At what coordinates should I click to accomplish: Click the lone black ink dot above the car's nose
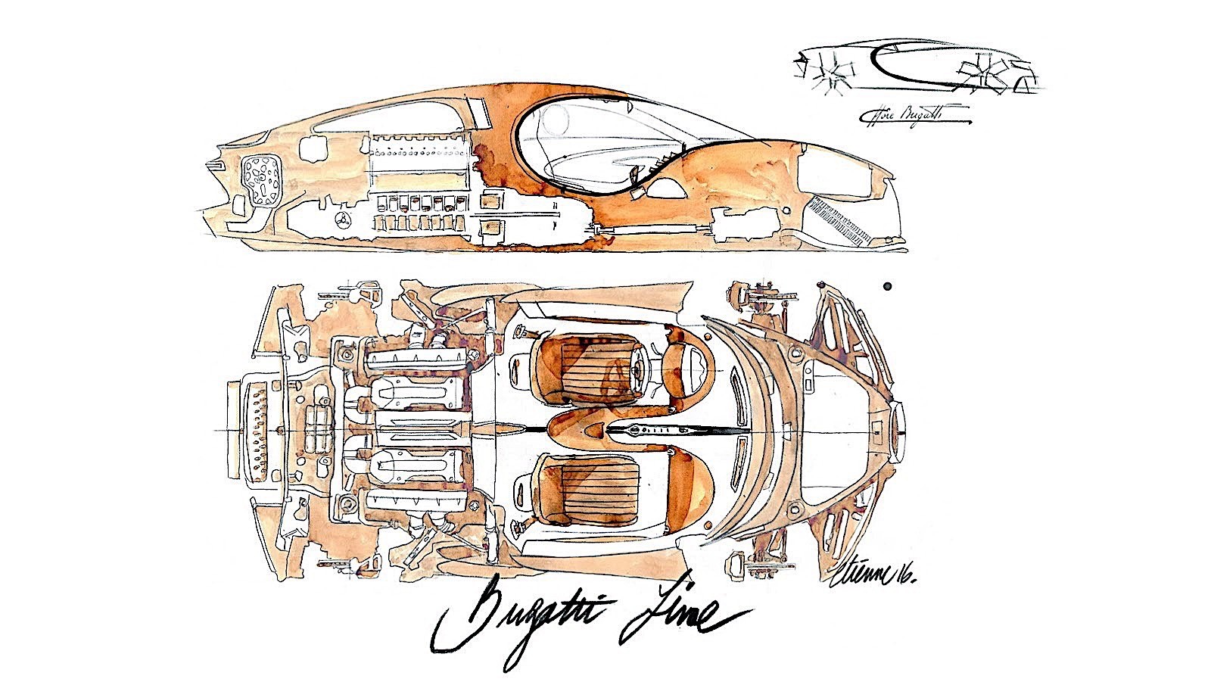click(887, 286)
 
